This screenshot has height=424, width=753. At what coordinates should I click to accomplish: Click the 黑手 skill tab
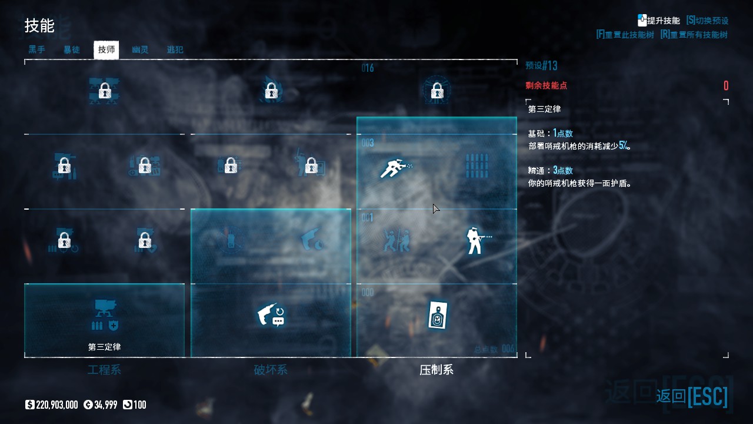(x=36, y=50)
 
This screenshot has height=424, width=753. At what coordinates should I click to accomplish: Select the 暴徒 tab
(x=71, y=50)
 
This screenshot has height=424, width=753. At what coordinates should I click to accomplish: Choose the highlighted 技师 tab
(x=106, y=50)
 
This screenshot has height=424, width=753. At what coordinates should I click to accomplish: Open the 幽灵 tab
(x=140, y=50)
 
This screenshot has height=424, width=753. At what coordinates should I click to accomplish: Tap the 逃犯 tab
(x=175, y=50)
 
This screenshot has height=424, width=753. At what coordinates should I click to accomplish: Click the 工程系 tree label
(x=104, y=370)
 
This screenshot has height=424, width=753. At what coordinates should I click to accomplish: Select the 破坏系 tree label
(x=271, y=370)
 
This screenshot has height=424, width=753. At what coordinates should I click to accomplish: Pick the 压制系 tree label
(x=437, y=370)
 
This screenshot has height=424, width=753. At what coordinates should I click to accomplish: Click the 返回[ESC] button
(x=692, y=396)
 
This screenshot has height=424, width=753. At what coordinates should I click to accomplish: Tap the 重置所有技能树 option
(x=694, y=35)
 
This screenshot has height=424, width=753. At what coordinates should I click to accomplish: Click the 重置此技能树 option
(x=625, y=35)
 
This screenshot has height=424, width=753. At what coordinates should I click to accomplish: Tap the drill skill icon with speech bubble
(x=271, y=315)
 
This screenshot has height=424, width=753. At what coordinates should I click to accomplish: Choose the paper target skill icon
(x=437, y=316)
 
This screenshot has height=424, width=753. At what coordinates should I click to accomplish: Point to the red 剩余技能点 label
(x=546, y=86)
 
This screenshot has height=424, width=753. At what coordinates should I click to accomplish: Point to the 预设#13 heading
(x=541, y=65)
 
